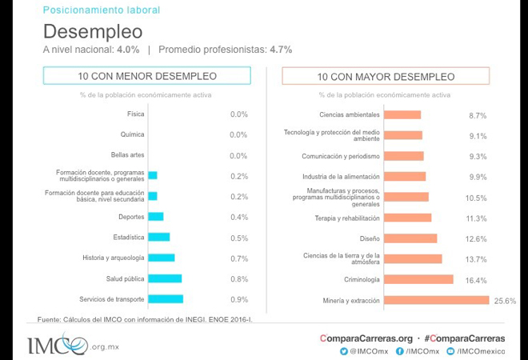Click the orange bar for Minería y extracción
pos(436,300)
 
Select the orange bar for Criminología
pos(418,279)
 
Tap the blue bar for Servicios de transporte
pos(166,299)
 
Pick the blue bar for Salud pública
pos(165,278)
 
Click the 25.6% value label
pos(505,301)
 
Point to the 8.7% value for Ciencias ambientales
pos(478,115)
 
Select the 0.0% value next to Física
pos(238,114)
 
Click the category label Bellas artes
pos(128,155)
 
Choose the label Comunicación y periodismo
pos(341,156)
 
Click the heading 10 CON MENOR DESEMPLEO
pos(147,77)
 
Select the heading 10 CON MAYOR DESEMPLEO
pos(386,77)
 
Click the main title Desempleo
pos(93,31)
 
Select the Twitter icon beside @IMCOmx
pos(344,350)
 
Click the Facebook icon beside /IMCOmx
pos(399,350)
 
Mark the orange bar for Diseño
pos(410,238)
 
